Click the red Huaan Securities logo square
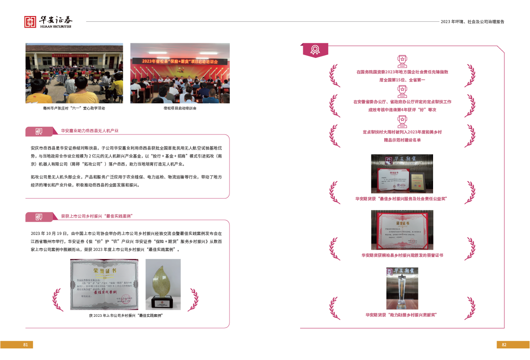pyautogui.click(x=30, y=22)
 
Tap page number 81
pyautogui.click(x=25, y=345)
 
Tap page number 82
pyautogui.click(x=504, y=345)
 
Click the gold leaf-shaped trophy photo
pyautogui.click(x=163, y=284)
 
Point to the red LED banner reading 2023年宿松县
pyautogui.click(x=180, y=61)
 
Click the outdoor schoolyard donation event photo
pyautogui.click(x=74, y=73)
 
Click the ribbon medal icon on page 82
pyautogui.click(x=315, y=49)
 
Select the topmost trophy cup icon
pyautogui.click(x=402, y=61)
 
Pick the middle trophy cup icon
pyautogui.click(x=402, y=91)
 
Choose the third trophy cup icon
pyautogui.click(x=402, y=121)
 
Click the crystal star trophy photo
pyautogui.click(x=402, y=288)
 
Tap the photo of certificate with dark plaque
pyautogui.click(x=402, y=174)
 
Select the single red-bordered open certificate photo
pyautogui.click(x=402, y=230)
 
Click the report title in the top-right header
pyautogui.click(x=472, y=21)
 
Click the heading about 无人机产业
pyautogui.click(x=90, y=131)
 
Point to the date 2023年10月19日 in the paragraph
pyautogui.click(x=49, y=233)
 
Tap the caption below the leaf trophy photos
pyautogui.click(x=126, y=316)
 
